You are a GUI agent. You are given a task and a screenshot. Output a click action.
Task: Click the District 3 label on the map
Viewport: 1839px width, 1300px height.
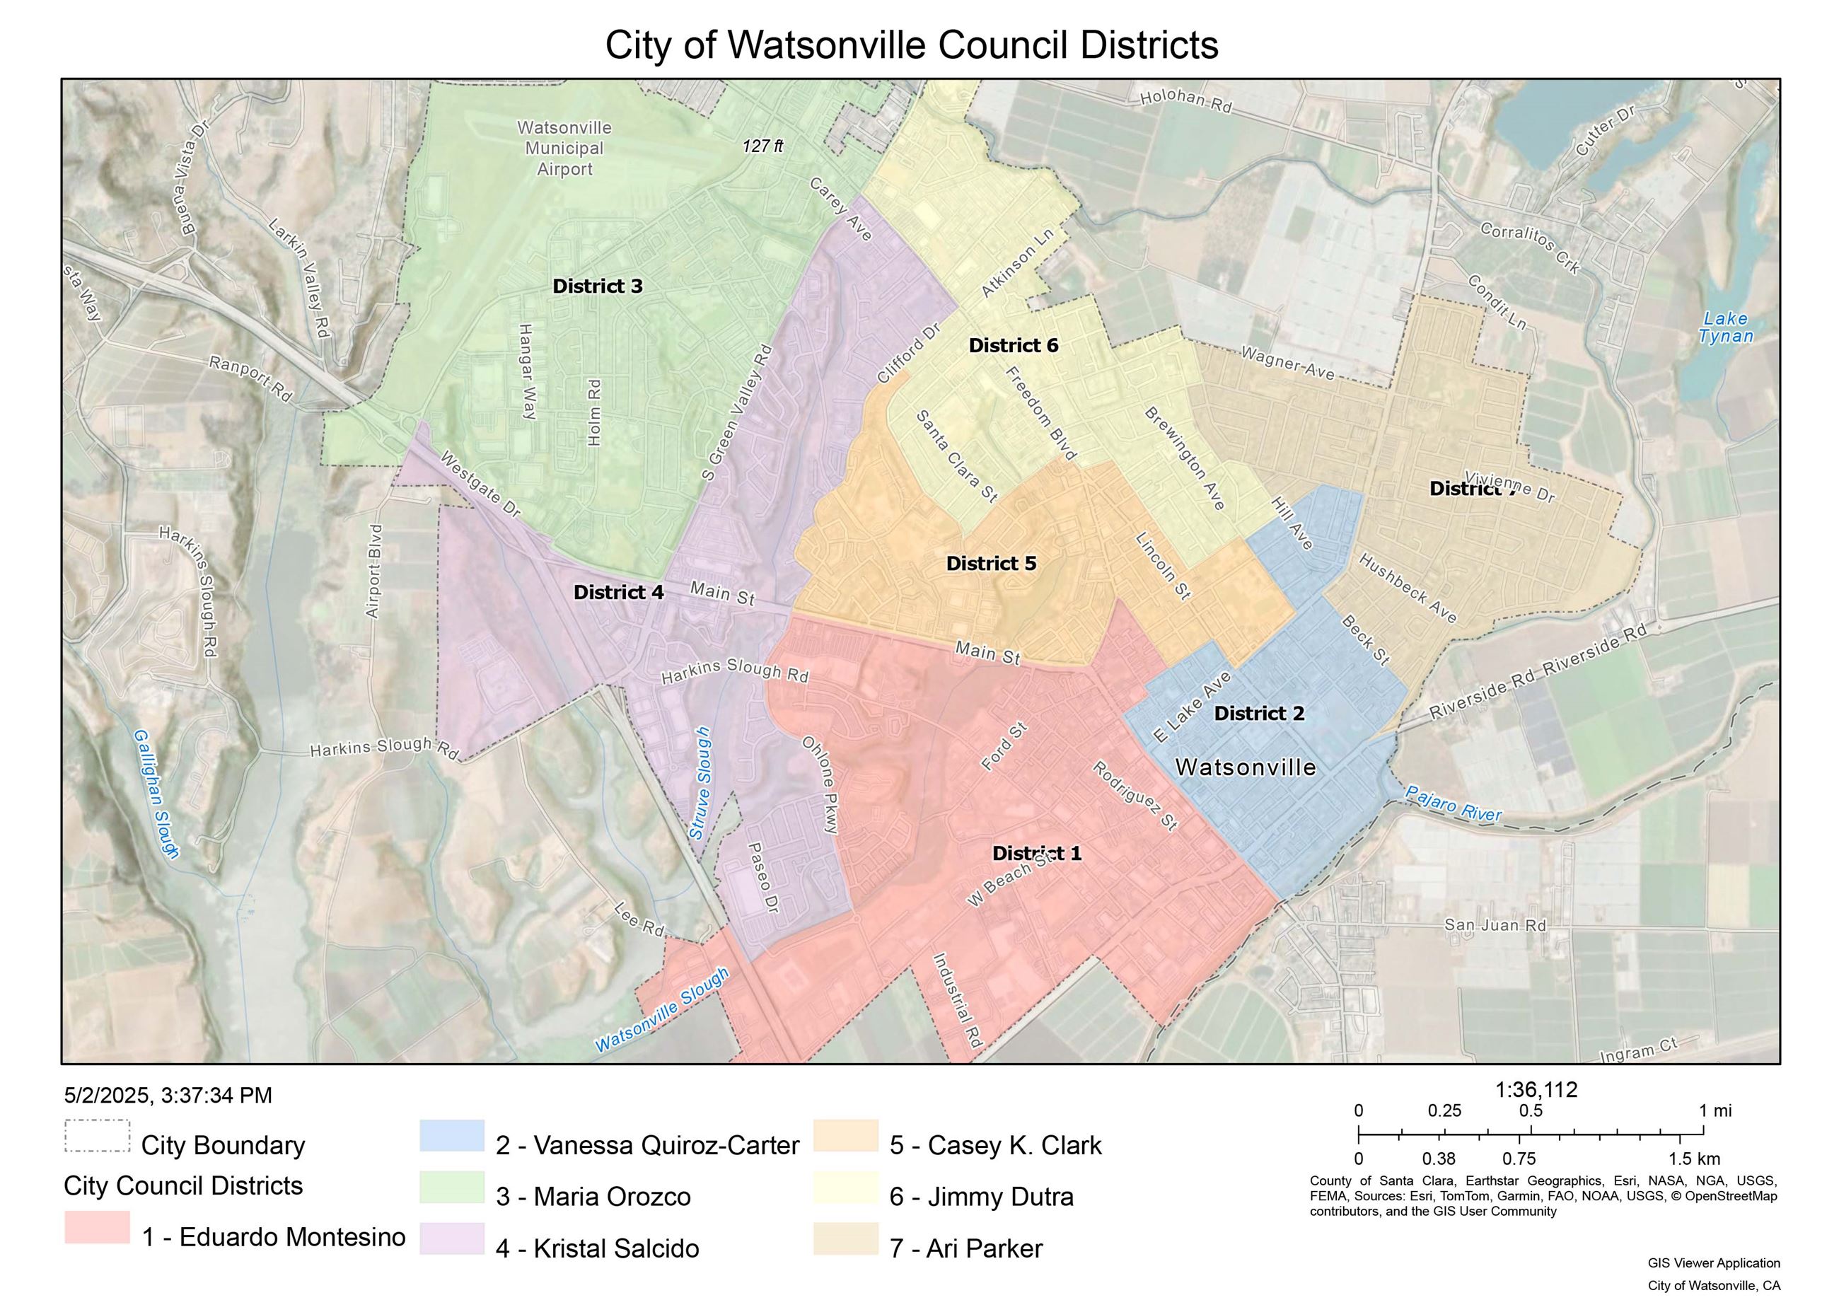[598, 286]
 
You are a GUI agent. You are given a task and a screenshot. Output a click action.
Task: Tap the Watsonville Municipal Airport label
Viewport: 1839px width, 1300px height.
[564, 149]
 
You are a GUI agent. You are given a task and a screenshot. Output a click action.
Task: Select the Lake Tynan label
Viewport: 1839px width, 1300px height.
[1726, 327]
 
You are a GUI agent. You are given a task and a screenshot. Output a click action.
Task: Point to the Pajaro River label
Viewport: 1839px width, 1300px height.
[1454, 803]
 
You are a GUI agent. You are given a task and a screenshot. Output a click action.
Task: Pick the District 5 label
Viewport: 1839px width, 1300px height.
[991, 563]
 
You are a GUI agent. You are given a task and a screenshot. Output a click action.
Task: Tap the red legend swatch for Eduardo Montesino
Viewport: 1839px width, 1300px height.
[97, 1227]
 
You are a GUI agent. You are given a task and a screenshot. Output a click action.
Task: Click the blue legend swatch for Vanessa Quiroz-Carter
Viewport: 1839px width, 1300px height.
[452, 1136]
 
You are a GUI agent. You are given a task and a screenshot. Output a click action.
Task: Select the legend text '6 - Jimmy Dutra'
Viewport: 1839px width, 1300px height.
[981, 1197]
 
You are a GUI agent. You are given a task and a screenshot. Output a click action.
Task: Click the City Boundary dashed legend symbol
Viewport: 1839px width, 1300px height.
[97, 1136]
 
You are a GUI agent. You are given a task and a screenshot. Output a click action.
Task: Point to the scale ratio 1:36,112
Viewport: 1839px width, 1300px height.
[1536, 1089]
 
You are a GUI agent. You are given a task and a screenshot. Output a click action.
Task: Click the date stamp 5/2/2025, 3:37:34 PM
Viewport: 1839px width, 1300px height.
[168, 1095]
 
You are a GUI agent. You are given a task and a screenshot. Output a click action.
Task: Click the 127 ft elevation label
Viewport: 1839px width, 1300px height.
[762, 146]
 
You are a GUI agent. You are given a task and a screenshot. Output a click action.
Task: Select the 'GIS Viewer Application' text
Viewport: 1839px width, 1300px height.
[1713, 1263]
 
